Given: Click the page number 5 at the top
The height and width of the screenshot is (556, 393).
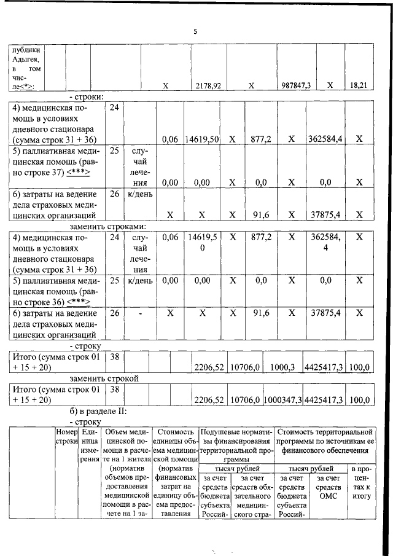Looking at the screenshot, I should click(x=195, y=31).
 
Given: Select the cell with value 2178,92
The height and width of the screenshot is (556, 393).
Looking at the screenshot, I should click(x=208, y=86).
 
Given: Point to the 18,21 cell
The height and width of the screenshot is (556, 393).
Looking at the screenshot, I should click(x=359, y=86).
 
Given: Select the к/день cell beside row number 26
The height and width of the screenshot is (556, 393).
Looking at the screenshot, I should click(x=139, y=194).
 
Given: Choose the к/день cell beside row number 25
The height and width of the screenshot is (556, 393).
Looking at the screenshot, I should click(x=139, y=280).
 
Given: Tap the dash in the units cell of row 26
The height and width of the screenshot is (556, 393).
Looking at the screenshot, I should click(x=139, y=313).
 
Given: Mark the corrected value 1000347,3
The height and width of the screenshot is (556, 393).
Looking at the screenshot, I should click(x=282, y=399).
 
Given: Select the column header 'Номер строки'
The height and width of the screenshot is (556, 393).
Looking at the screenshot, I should click(x=65, y=437).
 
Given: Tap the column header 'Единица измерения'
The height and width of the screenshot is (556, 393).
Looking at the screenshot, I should click(x=88, y=445).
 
